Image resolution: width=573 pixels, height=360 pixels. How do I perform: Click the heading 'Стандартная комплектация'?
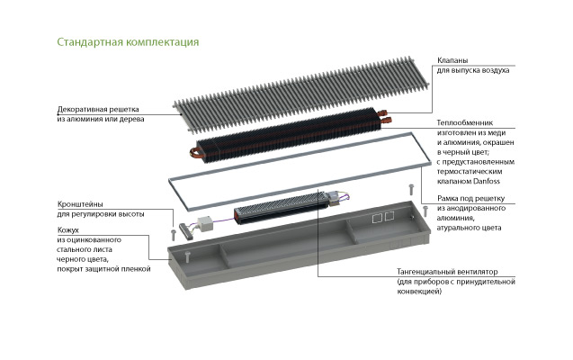128,42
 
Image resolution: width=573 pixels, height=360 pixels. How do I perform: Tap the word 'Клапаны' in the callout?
452,60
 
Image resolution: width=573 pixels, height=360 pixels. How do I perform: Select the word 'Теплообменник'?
465,122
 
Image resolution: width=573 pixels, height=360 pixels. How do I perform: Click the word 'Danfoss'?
487,181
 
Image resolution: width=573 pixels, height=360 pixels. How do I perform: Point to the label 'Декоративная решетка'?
98,109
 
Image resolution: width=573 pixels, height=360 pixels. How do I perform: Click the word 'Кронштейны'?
80,204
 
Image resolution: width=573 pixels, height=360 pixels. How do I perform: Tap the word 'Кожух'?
68,230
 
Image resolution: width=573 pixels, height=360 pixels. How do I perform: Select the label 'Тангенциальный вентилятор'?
447,272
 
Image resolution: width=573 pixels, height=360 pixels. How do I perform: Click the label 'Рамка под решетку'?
470,199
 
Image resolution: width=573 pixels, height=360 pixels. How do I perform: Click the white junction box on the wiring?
206,224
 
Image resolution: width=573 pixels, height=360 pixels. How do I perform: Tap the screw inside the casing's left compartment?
188,256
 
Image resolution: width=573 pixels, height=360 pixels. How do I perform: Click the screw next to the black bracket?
174,235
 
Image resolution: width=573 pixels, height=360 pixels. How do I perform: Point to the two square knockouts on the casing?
383,218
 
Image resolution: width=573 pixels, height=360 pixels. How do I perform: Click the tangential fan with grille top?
281,207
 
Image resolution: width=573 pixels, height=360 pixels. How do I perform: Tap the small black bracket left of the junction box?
186,231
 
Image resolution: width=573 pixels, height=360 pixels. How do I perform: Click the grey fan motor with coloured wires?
333,198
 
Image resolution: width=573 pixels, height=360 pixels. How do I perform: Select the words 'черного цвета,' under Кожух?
83,259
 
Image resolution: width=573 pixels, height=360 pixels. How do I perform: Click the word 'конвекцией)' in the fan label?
419,292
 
